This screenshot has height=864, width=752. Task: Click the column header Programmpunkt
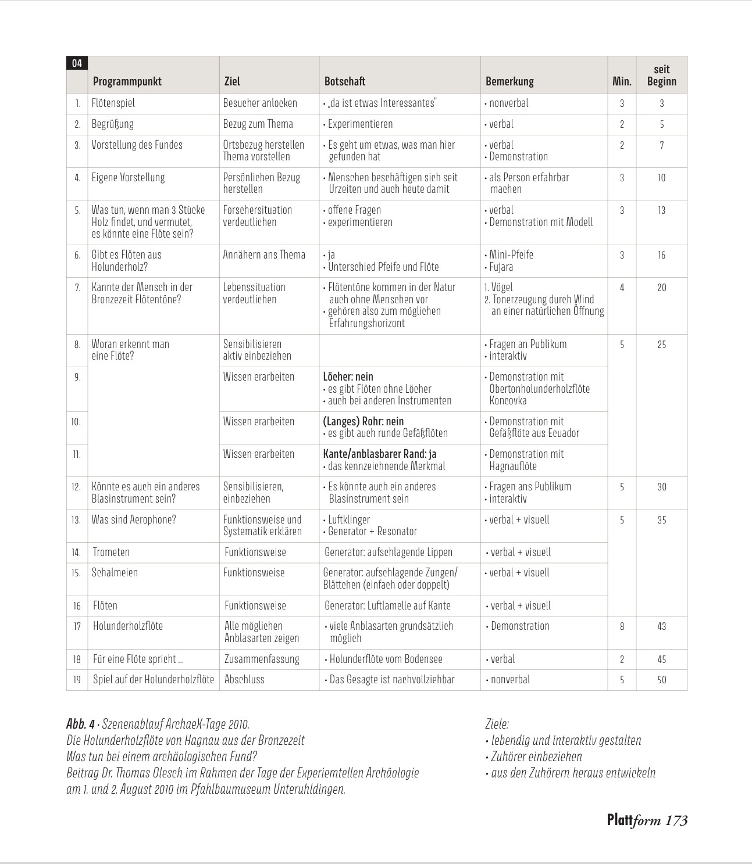[127, 81]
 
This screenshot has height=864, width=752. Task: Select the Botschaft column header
[345, 81]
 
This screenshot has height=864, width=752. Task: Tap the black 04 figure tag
[77, 63]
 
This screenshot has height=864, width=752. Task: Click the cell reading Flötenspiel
[113, 103]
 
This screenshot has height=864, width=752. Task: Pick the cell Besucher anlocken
[260, 103]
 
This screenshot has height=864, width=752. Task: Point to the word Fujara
[501, 267]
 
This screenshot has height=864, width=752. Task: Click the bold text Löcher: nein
[348, 377]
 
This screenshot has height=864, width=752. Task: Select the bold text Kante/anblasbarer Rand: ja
[379, 454]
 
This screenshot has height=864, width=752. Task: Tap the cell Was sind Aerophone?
[133, 519]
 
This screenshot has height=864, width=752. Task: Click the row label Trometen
[111, 552]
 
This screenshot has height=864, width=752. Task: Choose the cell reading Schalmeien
[115, 572]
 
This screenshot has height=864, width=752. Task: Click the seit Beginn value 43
[661, 626]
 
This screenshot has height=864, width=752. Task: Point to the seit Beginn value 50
[661, 680]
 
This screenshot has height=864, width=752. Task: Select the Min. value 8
[622, 626]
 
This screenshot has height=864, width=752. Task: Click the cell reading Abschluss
[244, 679]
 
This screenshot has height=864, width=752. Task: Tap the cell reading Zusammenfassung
[262, 659]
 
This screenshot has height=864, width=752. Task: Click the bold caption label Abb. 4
[80, 724]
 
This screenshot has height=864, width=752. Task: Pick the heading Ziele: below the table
[497, 724]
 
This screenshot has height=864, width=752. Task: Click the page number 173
[676, 820]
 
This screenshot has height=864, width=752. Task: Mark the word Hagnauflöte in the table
[513, 466]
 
